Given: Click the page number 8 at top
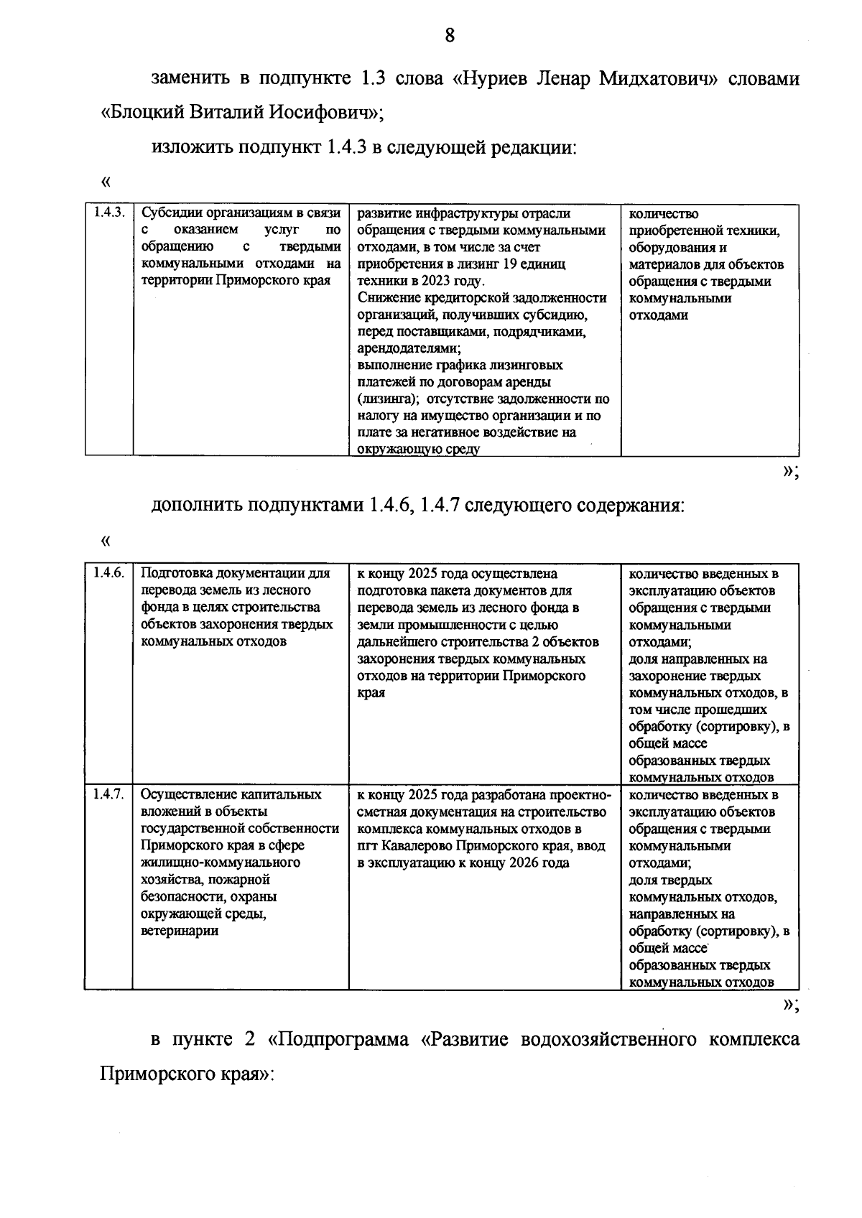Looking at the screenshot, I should pyautogui.click(x=449, y=34).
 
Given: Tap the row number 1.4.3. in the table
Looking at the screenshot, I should pyautogui.click(x=109, y=213).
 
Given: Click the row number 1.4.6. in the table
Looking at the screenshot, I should pyautogui.click(x=108, y=574).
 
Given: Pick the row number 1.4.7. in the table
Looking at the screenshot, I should pyautogui.click(x=108, y=795).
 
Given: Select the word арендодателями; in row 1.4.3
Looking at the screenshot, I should pyautogui.click(x=409, y=349).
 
